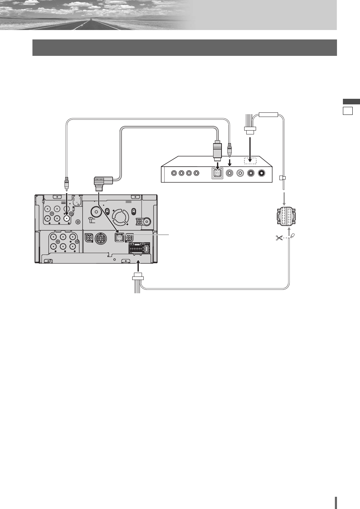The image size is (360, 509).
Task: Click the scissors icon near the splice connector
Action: pyautogui.click(x=279, y=238)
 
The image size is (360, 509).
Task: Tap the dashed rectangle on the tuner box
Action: pyautogui.click(x=249, y=161)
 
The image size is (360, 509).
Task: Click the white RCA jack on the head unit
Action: pyautogui.click(x=67, y=218)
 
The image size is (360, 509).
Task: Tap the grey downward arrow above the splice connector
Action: pyautogui.click(x=283, y=198)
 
